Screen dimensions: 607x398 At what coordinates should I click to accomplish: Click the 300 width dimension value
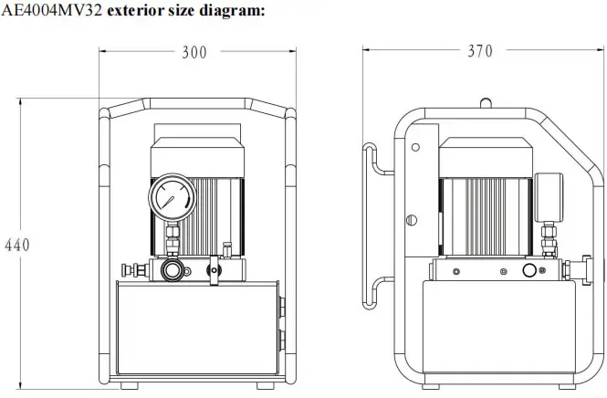pyautogui.click(x=194, y=53)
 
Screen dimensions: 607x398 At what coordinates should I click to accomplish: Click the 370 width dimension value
pyautogui.click(x=480, y=51)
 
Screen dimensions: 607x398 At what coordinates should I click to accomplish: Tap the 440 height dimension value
pyautogui.click(x=17, y=245)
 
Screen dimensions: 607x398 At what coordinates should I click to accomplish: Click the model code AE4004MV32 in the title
pyautogui.click(x=52, y=10)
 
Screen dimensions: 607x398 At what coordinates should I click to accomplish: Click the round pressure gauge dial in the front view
pyautogui.click(x=173, y=197)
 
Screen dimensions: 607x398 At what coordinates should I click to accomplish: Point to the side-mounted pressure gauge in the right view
pyautogui.click(x=549, y=198)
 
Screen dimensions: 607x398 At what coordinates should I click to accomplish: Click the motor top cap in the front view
pyautogui.click(x=197, y=157)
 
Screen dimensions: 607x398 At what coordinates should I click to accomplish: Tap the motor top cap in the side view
pyautogui.click(x=486, y=158)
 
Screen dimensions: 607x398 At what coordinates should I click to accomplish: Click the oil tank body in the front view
pyautogui.click(x=197, y=328)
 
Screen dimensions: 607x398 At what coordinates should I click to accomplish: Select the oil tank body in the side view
pyautogui.click(x=499, y=327)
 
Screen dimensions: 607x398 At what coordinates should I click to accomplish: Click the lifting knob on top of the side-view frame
pyautogui.click(x=486, y=103)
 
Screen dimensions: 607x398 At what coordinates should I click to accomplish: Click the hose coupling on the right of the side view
pyautogui.click(x=579, y=270)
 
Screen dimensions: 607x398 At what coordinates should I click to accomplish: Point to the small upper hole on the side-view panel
pyautogui.click(x=415, y=148)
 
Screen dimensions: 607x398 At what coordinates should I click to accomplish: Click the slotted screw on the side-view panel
pyautogui.click(x=412, y=220)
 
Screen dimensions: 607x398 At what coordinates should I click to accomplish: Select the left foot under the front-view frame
pyautogui.click(x=130, y=386)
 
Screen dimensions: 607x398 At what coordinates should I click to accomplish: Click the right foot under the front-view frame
pyautogui.click(x=266, y=386)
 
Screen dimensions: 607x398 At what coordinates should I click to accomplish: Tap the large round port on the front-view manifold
pyautogui.click(x=173, y=270)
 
